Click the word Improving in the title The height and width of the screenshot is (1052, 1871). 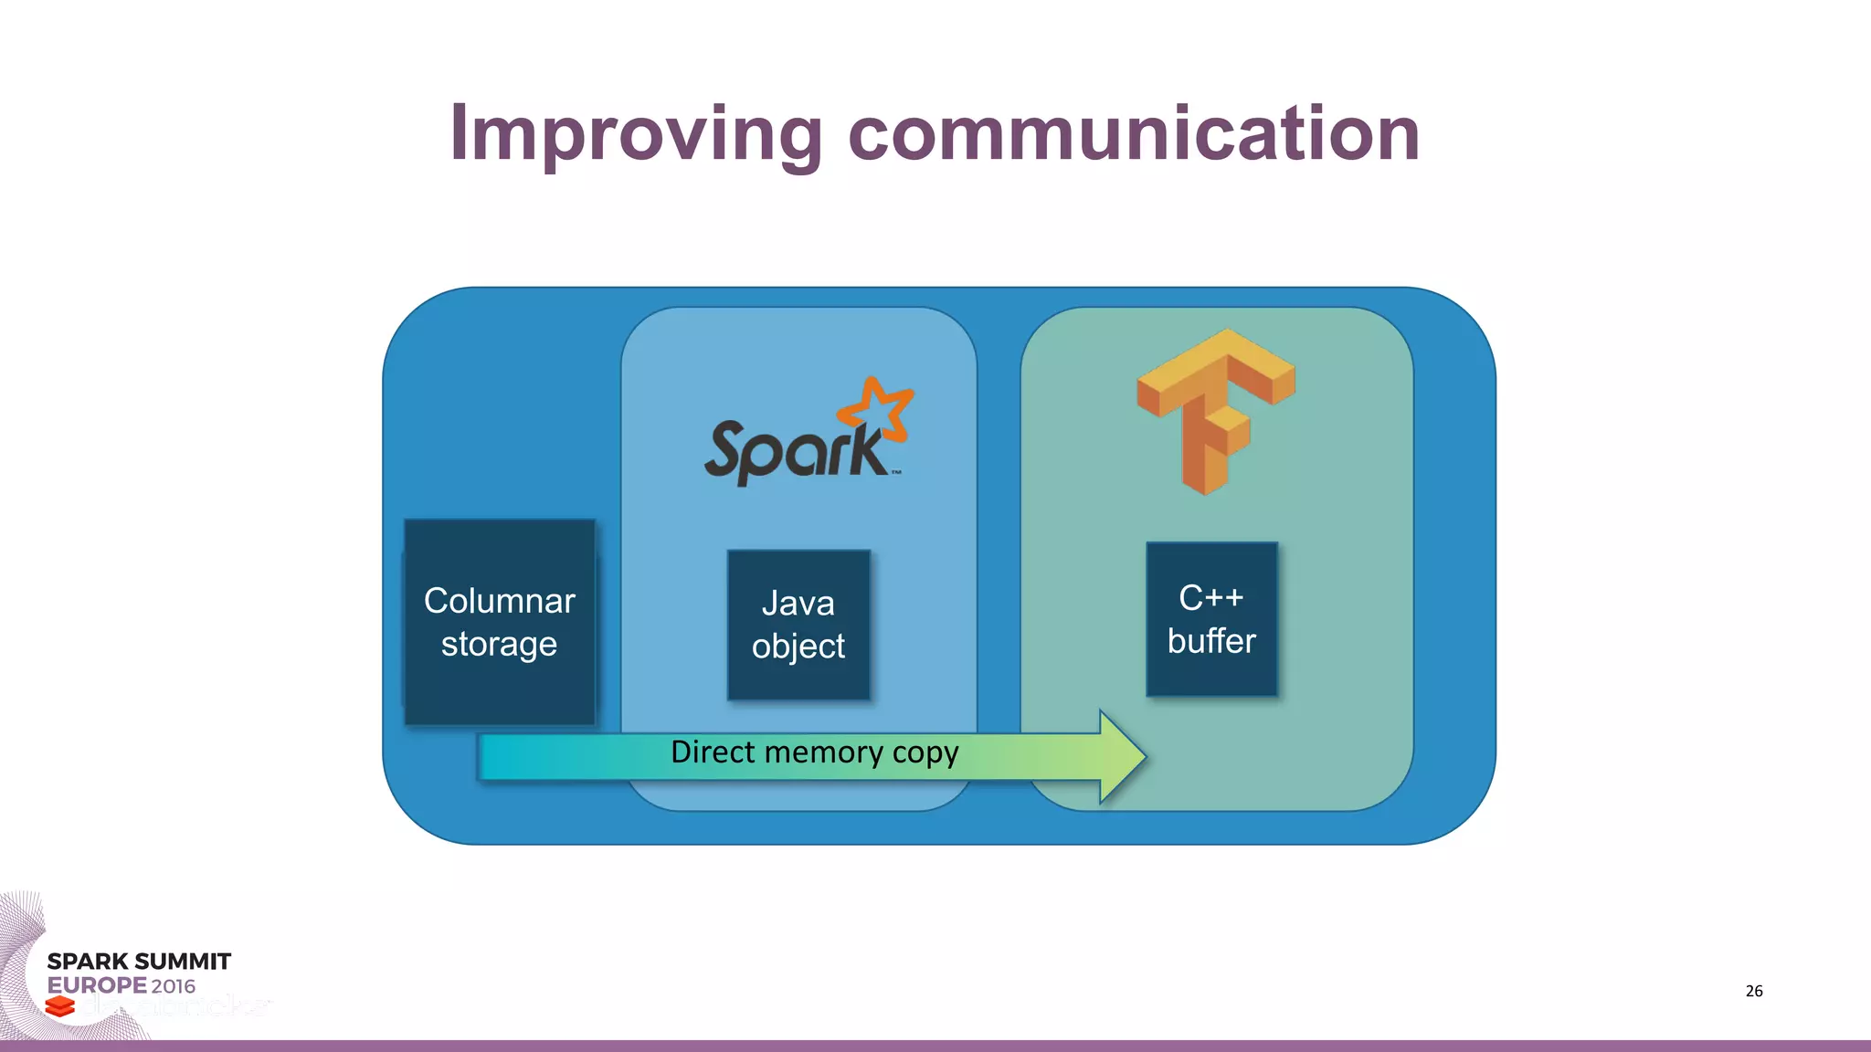tap(636, 134)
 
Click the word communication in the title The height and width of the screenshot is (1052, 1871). tap(1134, 134)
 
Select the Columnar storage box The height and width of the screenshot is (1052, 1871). tap(500, 622)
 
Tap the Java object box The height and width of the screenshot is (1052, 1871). tap(798, 625)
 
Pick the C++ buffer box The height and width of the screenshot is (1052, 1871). tap(1211, 619)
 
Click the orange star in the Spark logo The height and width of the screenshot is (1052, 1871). tap(877, 405)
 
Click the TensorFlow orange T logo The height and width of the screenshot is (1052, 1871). tap(1215, 411)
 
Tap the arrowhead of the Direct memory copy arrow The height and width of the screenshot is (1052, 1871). tap(1122, 756)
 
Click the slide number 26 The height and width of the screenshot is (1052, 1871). tap(1753, 991)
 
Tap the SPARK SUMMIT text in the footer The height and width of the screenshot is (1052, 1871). tap(139, 962)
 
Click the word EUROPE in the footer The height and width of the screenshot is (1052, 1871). tap(97, 985)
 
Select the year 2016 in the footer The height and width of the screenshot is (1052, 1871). tap(174, 986)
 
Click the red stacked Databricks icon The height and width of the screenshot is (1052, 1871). tap(60, 1006)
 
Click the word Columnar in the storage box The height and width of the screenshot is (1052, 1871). tap(499, 601)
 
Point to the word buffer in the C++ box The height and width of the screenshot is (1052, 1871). tap(1211, 641)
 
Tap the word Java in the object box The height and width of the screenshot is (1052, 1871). tap(798, 604)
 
